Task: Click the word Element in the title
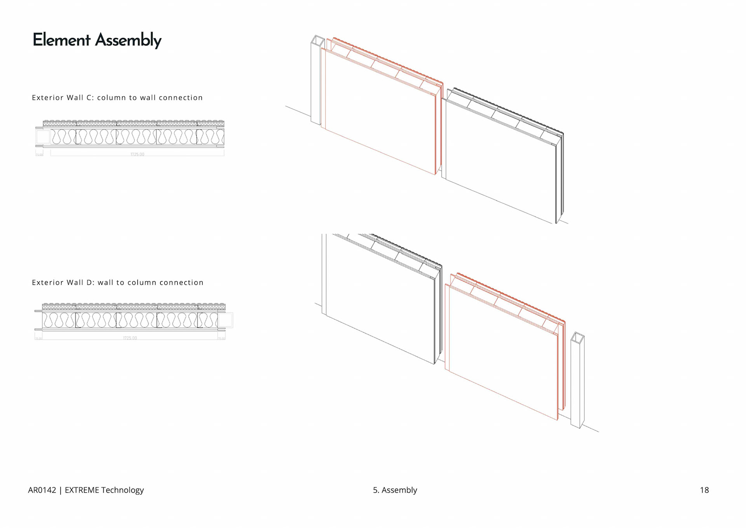pos(61,40)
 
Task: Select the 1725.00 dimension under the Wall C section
pos(137,154)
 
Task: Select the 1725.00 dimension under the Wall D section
pos(130,338)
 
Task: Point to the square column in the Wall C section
pos(43,137)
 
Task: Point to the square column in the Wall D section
pos(225,320)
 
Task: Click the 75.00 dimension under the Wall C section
pos(39,155)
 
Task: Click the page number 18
pos(704,490)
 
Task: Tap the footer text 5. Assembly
pos(395,490)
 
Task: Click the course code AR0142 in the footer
pos(42,490)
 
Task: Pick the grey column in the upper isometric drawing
pos(316,82)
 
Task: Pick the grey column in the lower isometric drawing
pos(577,381)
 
